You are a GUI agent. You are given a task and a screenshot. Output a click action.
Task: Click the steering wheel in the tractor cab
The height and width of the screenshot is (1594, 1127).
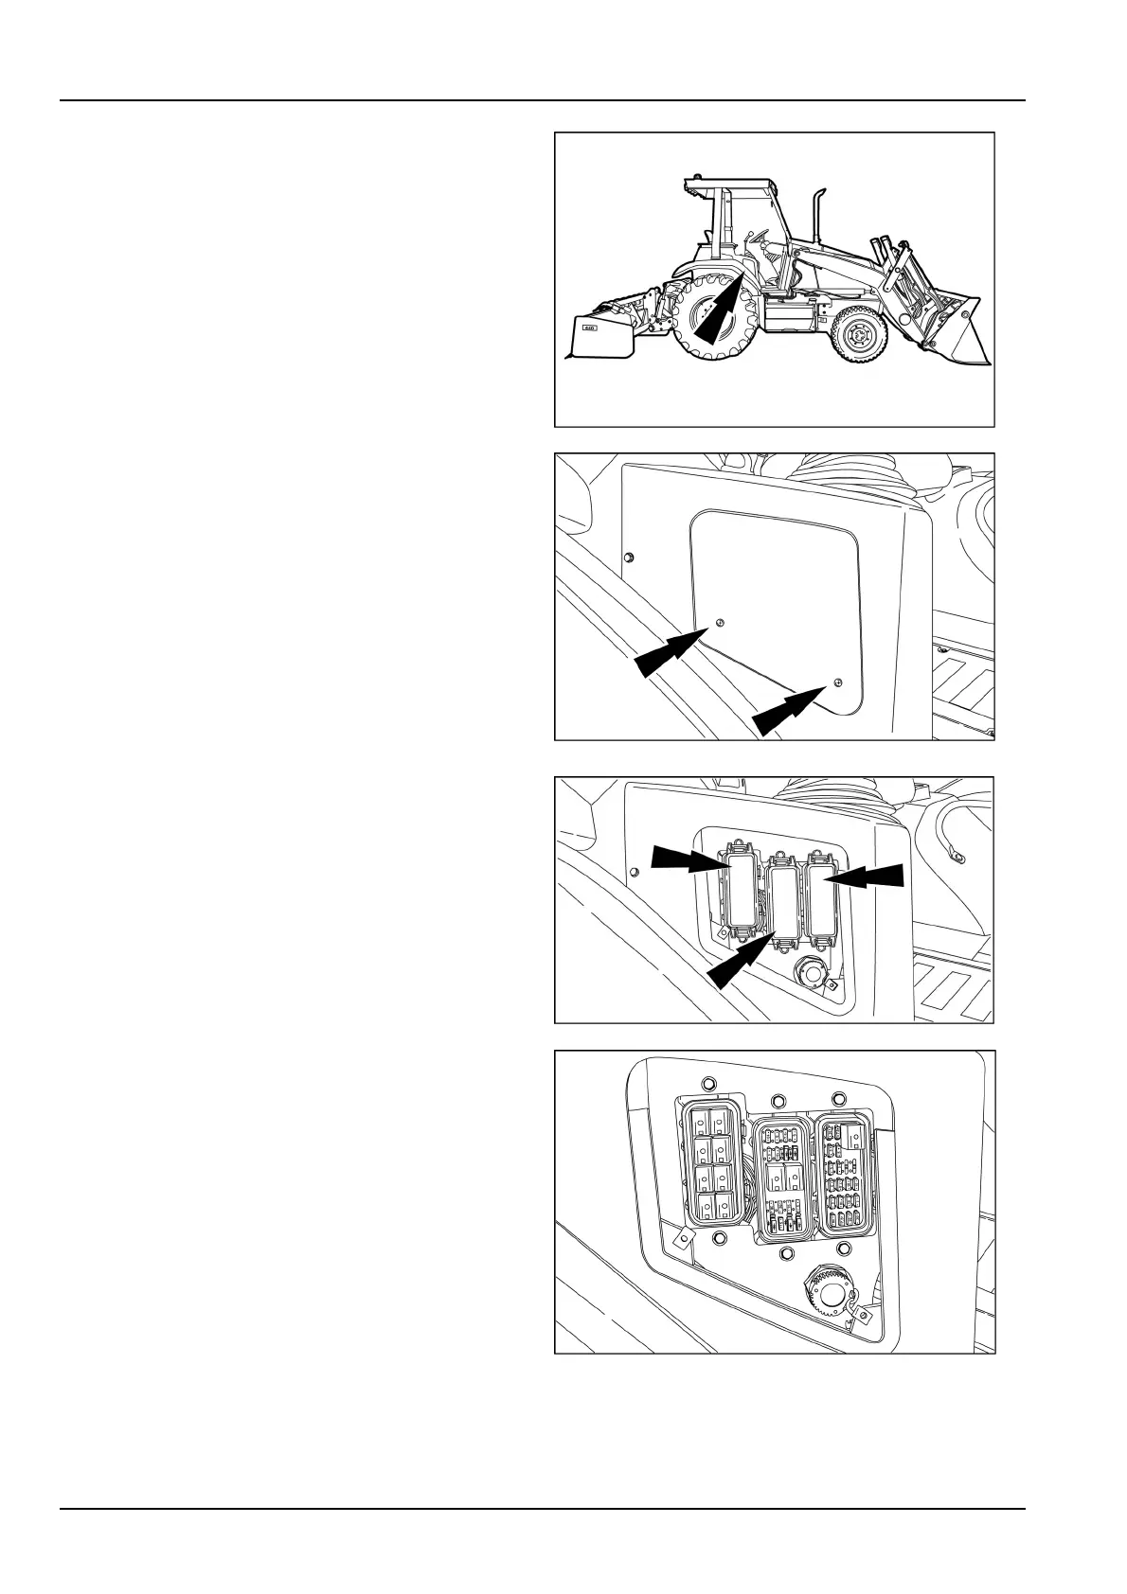758,237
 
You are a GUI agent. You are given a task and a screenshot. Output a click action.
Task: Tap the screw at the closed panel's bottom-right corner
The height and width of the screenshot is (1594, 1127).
836,682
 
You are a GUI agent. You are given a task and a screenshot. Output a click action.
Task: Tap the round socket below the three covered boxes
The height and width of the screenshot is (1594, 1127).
810,970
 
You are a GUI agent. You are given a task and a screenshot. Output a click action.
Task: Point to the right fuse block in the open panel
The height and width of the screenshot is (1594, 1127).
843,1174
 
